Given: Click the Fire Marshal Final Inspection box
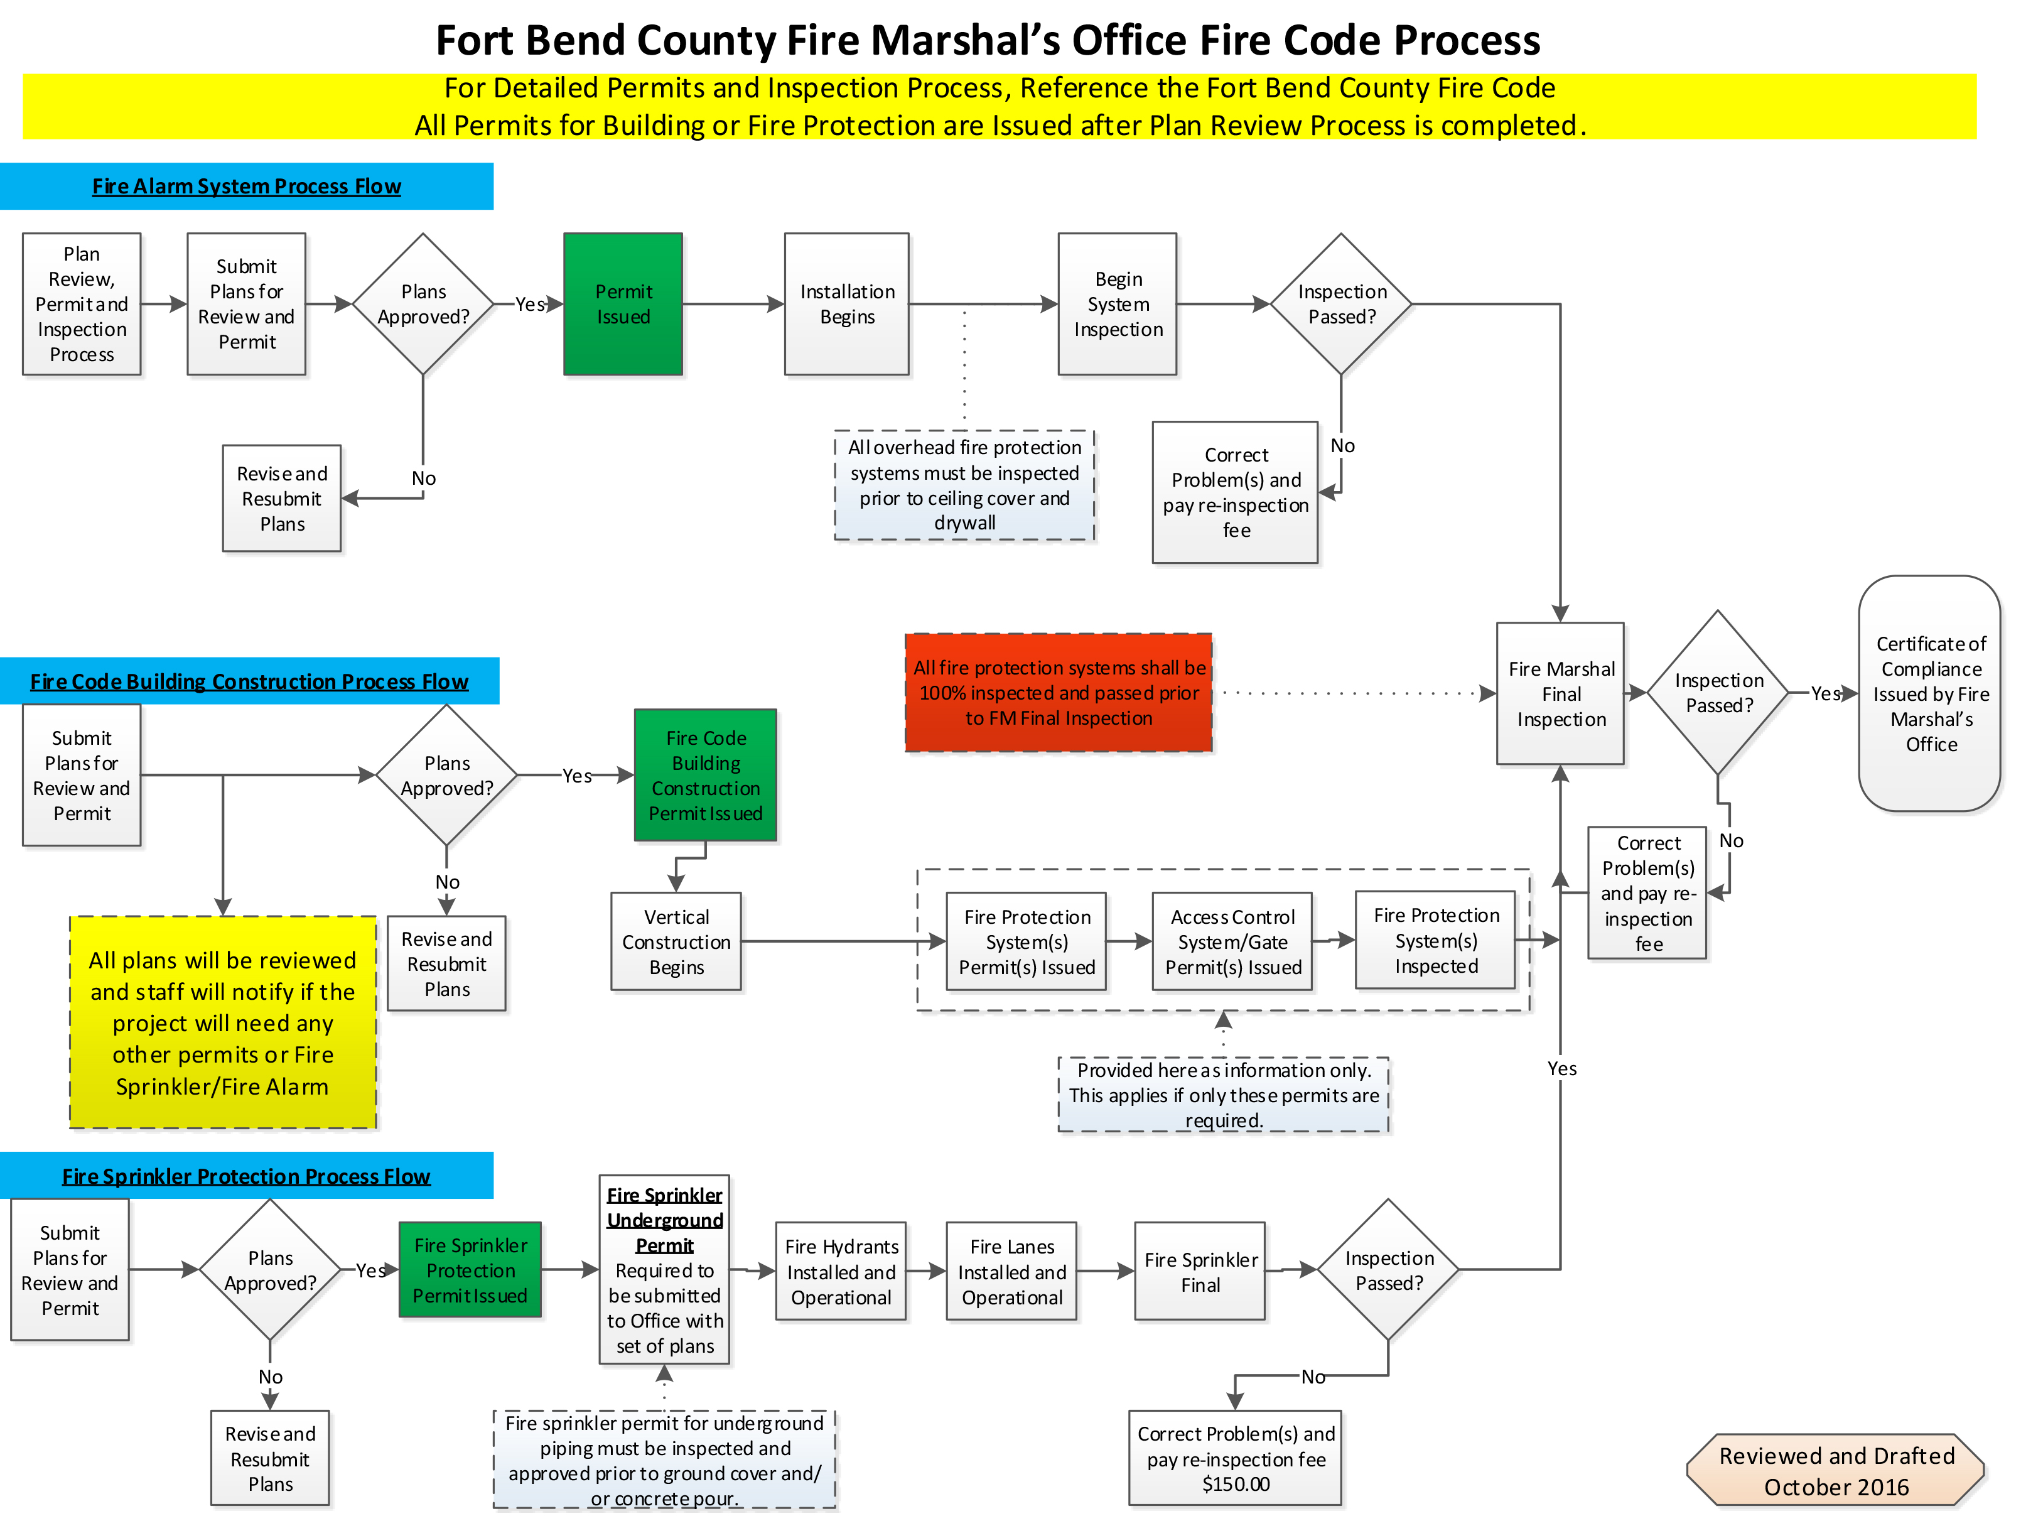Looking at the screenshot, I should [x=1561, y=693].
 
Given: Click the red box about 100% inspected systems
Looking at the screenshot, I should [x=1058, y=693].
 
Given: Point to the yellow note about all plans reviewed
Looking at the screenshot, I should [x=223, y=1022].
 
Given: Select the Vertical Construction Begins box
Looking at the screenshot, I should [x=676, y=941].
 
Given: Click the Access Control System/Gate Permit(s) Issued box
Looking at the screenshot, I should [x=1232, y=941].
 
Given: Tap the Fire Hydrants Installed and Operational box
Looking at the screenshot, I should [x=841, y=1271].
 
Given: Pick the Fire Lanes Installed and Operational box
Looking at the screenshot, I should [x=1011, y=1271].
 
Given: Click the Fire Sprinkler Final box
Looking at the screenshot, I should [x=1200, y=1271].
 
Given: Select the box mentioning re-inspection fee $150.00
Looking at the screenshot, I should [x=1235, y=1458].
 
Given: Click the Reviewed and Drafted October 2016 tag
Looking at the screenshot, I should [x=1836, y=1470].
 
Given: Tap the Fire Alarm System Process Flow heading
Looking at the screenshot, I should [x=247, y=187].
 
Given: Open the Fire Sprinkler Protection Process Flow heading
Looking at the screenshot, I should [x=247, y=1176].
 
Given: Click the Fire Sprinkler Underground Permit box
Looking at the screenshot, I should [x=664, y=1269].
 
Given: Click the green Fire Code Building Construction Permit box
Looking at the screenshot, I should [x=705, y=775].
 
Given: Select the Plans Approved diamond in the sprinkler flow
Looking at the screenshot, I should [x=271, y=1270].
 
